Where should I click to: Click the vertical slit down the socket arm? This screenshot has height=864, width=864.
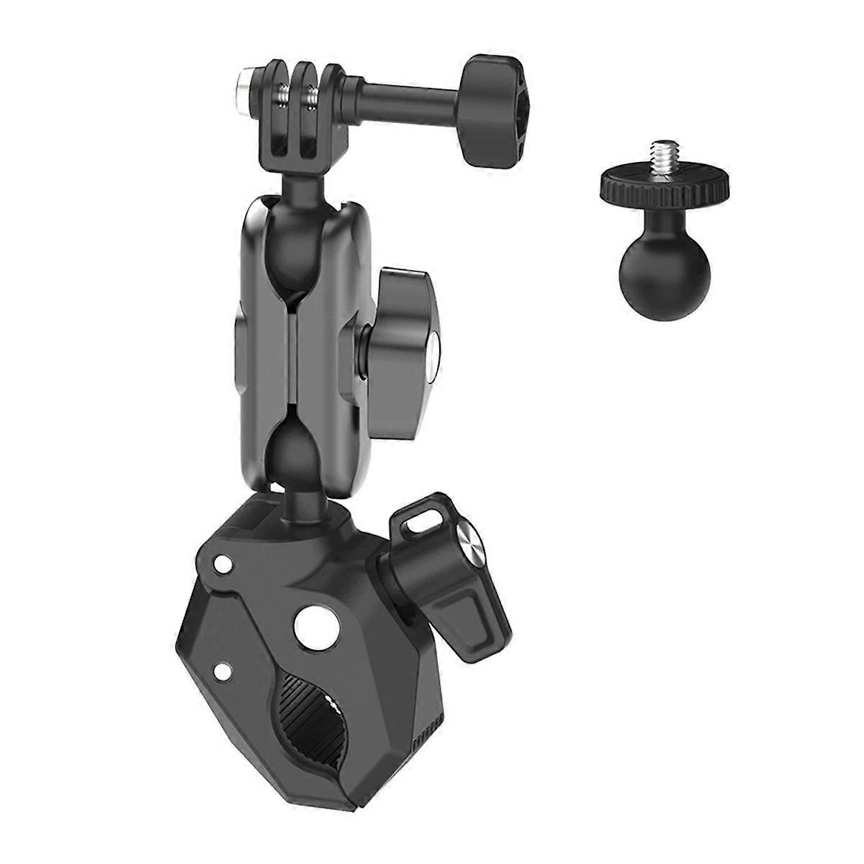click(x=289, y=346)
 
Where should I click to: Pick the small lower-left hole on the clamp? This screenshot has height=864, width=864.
click(x=225, y=670)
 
